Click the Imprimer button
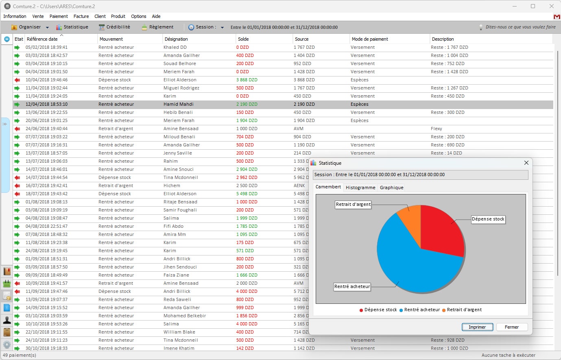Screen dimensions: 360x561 coord(477,327)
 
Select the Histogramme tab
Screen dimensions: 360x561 coord(360,188)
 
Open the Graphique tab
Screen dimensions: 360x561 coord(391,188)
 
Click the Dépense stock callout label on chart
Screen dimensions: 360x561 coord(488,219)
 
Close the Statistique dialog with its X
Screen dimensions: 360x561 coord(526,163)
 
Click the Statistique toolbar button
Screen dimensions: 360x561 coord(72,27)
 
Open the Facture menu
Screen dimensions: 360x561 coord(81,16)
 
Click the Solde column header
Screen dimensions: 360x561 coord(243,39)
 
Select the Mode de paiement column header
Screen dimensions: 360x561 coord(370,39)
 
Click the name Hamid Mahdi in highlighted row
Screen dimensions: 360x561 coord(178,104)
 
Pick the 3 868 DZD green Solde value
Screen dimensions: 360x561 coord(247,80)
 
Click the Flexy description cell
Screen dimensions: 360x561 coord(436,129)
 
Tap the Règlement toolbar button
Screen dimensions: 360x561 coord(157,27)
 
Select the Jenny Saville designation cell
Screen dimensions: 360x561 coord(177,153)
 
